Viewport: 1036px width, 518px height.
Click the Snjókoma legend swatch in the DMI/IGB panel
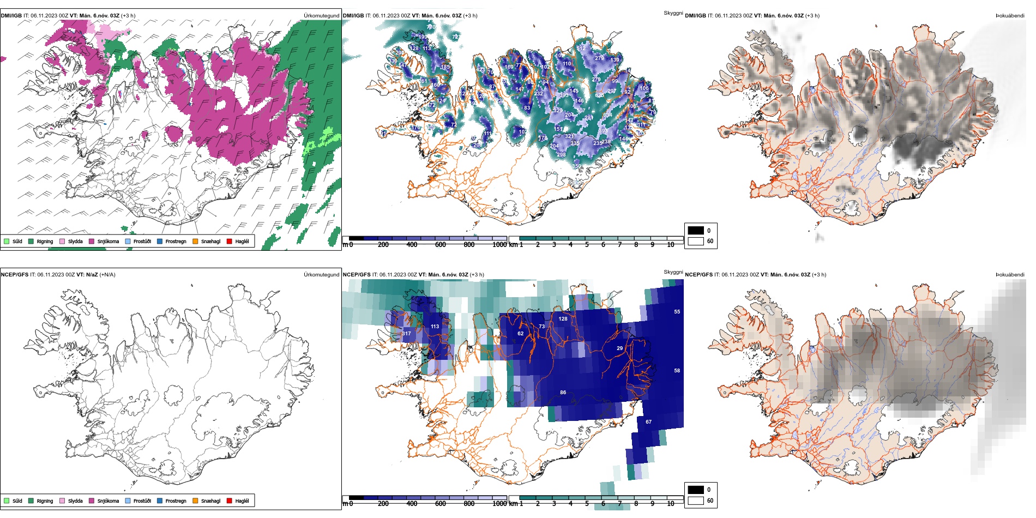[x=92, y=241]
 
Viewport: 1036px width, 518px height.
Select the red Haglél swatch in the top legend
[x=230, y=241]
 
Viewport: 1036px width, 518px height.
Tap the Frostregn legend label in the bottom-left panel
[x=176, y=501]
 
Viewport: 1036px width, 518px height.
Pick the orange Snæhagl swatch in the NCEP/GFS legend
[x=195, y=501]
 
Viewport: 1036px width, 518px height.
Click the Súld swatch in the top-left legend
[x=7, y=241]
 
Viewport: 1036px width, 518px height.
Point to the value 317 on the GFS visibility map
[x=406, y=333]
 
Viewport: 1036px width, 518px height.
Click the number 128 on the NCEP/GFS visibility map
[x=563, y=319]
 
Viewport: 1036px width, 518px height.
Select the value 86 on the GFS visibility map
[x=563, y=392]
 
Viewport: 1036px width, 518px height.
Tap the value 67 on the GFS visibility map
[x=648, y=421]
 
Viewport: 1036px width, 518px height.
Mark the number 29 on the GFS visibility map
[x=619, y=348]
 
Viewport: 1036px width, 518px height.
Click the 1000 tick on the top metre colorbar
[x=499, y=245]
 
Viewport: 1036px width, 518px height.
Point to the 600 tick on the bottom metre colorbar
[x=440, y=504]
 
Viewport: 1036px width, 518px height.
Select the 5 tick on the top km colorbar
[x=587, y=245]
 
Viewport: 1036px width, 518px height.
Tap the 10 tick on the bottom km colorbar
[x=670, y=504]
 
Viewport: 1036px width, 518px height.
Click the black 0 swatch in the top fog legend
[x=696, y=230]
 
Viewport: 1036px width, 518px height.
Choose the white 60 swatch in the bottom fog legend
[x=696, y=500]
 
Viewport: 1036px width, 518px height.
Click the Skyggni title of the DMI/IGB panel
[x=673, y=13]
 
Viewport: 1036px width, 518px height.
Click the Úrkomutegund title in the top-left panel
[x=321, y=16]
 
